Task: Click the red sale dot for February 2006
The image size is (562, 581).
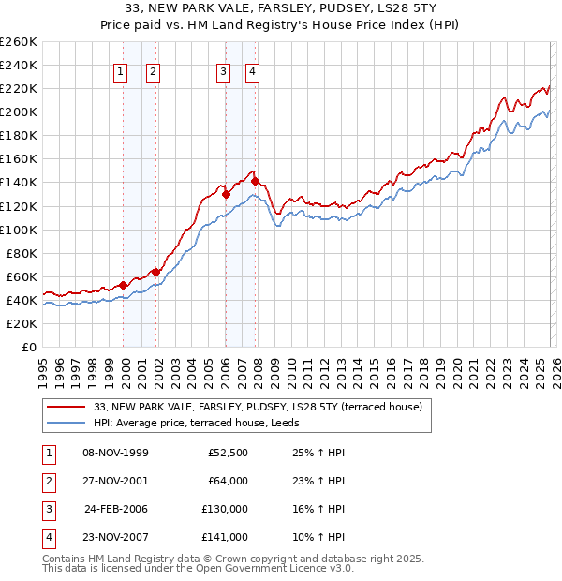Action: [x=226, y=194]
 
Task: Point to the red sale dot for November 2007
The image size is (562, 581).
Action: [x=255, y=181]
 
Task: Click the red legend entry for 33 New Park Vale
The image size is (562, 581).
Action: [x=259, y=407]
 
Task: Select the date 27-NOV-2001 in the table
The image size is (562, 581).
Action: [x=116, y=481]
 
